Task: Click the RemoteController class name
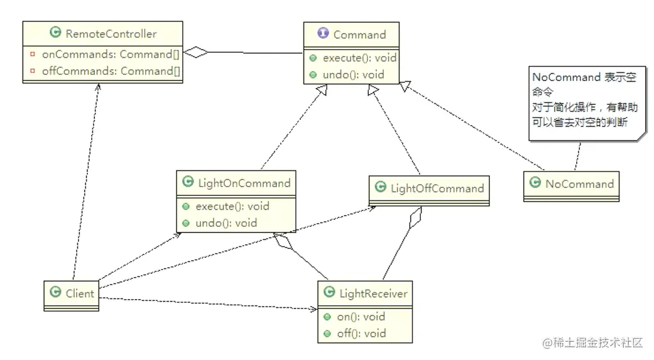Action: [x=111, y=34]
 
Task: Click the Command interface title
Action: [x=359, y=34]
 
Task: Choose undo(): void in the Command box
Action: [x=353, y=74]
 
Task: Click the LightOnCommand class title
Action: [x=243, y=183]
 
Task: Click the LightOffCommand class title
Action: [x=437, y=188]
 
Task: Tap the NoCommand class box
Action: [x=570, y=185]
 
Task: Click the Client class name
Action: [x=79, y=293]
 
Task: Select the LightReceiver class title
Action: [x=373, y=293]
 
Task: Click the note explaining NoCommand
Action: [x=585, y=100]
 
